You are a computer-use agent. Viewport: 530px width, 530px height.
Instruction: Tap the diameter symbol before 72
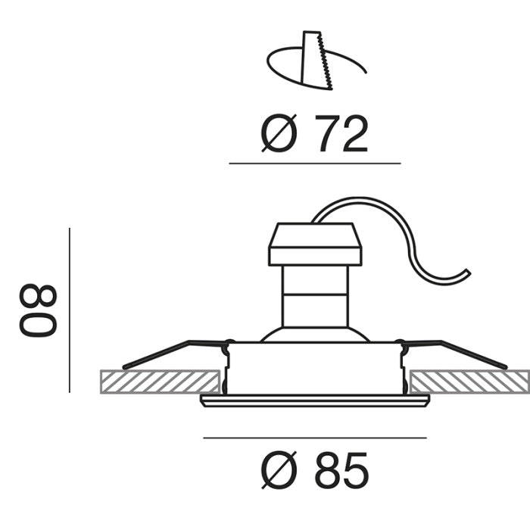point(279,133)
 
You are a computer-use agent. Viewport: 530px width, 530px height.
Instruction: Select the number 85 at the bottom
point(341,470)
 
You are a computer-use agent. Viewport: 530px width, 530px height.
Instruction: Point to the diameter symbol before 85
point(279,470)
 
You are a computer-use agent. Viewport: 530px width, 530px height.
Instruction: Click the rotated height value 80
point(38,310)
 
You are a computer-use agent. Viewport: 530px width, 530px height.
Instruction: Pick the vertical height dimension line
point(70,310)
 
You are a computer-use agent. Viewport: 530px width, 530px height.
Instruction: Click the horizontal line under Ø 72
point(315,164)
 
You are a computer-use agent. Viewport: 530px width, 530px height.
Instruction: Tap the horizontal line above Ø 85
point(315,438)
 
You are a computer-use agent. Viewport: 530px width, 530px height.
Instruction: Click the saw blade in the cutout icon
point(316,61)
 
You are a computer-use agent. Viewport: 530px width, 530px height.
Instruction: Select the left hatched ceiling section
point(161,382)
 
